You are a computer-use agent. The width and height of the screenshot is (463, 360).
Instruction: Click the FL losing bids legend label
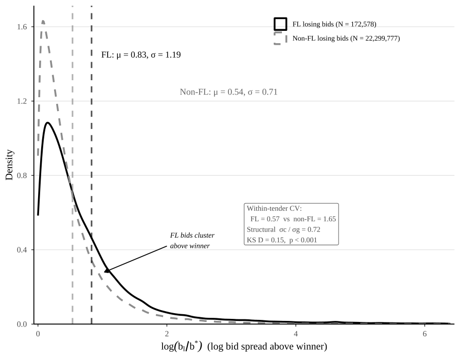334,24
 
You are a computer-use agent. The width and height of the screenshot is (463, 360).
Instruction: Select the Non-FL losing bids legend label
346,38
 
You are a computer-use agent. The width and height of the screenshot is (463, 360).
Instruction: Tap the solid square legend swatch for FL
280,24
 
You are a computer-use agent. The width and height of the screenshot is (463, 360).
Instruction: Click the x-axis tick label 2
167,333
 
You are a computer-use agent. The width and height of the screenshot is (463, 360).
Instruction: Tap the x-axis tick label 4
296,333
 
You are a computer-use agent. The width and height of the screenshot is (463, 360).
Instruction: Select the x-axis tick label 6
425,333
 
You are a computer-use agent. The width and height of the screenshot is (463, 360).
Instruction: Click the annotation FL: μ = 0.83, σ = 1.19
141,55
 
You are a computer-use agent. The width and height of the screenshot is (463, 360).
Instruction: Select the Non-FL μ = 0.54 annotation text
228,93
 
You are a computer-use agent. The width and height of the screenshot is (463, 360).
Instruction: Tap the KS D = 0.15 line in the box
281,239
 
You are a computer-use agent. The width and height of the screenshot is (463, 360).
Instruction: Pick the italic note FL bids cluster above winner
192,240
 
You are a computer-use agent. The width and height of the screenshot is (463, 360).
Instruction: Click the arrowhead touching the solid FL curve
106,270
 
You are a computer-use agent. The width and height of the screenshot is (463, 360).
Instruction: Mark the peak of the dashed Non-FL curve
43,21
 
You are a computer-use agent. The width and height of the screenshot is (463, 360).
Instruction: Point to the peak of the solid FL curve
47,122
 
